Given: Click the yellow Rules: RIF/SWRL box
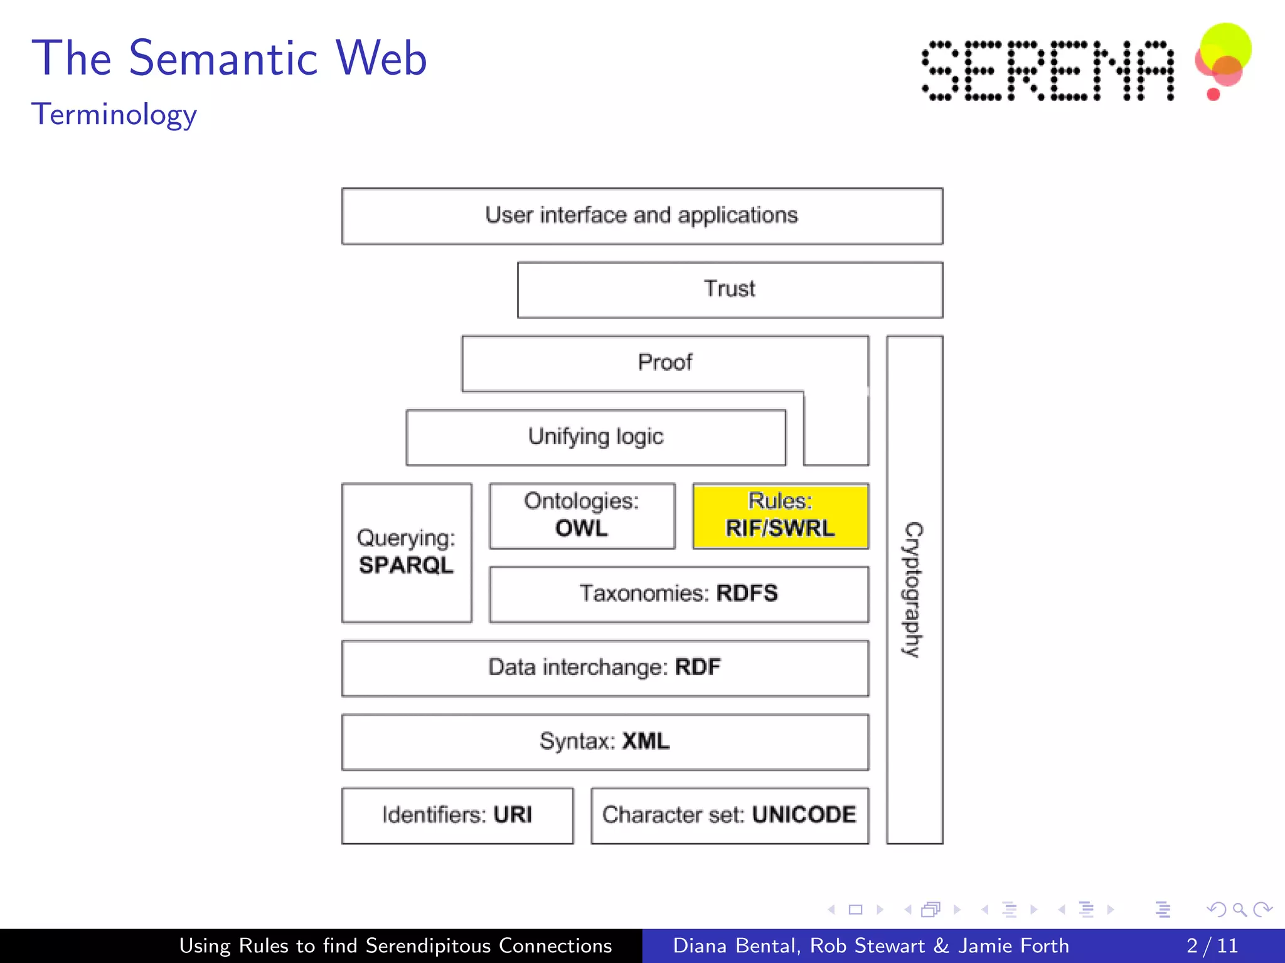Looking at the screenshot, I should point(781,516).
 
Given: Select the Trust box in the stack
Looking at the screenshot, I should point(730,290).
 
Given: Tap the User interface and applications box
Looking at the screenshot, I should point(642,216).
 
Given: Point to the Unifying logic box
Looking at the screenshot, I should point(595,437).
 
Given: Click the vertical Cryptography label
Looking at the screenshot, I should point(914,589).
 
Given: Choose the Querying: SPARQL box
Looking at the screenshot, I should point(407,552).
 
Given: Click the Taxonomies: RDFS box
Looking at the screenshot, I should point(679,594).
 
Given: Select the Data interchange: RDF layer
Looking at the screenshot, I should point(605,668).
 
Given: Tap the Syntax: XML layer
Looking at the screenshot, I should point(605,742).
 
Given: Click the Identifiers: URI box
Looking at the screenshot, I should point(457,815).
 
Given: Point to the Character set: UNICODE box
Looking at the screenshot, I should point(730,815).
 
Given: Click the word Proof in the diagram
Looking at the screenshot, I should point(665,362).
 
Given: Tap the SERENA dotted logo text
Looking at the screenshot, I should point(1047,70).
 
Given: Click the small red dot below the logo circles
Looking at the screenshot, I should point(1213,95).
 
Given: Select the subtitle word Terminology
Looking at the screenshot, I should point(114,115).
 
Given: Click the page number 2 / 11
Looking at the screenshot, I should point(1212,945).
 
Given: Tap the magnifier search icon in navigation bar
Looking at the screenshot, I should point(1239,909).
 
